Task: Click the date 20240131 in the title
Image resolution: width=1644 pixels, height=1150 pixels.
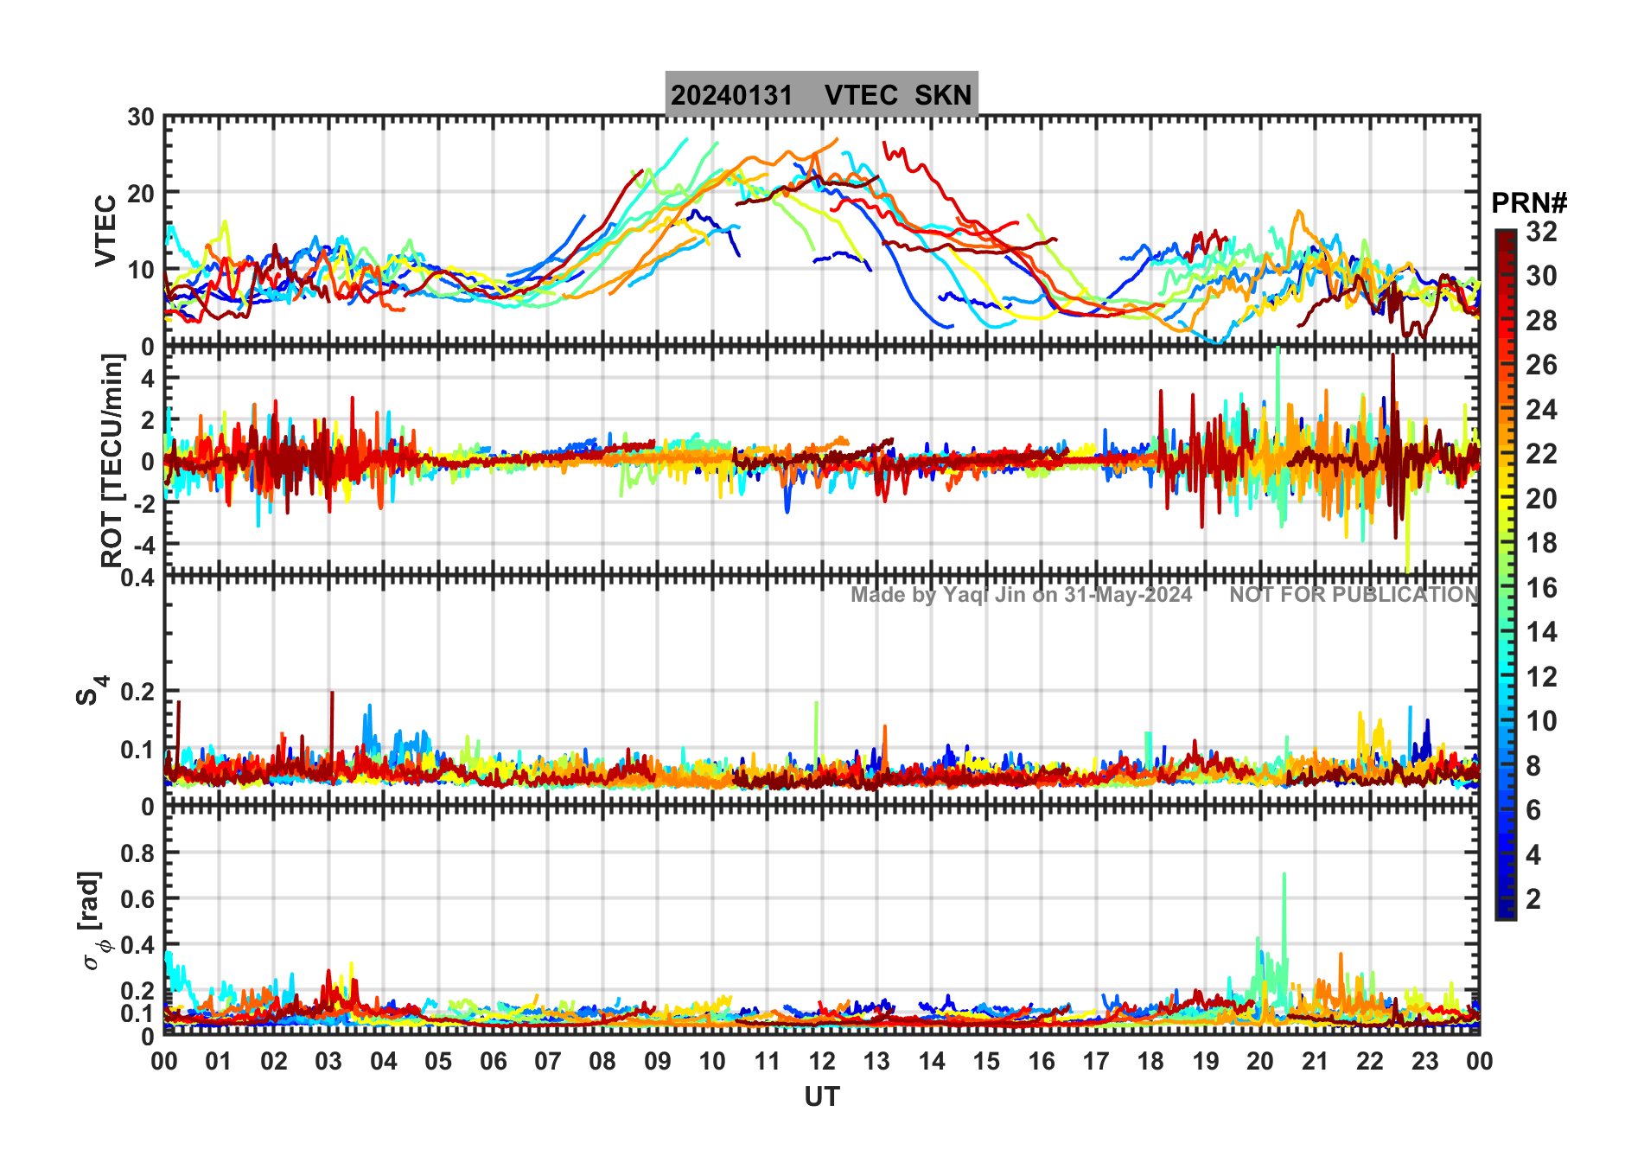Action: click(731, 95)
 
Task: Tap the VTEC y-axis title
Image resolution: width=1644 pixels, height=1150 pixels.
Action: click(105, 230)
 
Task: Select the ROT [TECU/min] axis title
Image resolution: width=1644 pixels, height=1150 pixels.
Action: click(112, 460)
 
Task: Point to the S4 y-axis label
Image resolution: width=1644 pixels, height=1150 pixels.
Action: click(91, 690)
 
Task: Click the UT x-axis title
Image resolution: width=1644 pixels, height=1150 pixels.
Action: click(821, 1097)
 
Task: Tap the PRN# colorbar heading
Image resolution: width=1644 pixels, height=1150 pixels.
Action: click(1528, 203)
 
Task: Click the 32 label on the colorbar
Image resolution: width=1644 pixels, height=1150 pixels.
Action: click(1541, 232)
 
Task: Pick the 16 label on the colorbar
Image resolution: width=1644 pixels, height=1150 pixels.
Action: click(1541, 588)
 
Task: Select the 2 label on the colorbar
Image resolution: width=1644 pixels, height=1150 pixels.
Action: click(1533, 899)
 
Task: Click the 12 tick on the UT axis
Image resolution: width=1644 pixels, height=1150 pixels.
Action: click(822, 1061)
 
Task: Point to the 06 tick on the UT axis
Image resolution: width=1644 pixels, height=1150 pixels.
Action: click(493, 1061)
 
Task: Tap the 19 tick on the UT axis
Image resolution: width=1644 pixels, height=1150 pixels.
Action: click(1206, 1061)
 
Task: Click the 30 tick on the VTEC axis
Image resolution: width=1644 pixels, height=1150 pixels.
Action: click(141, 118)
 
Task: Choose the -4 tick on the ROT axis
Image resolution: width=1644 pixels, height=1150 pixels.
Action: click(143, 546)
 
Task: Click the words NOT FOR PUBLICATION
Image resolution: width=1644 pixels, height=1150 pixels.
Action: click(1354, 595)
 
